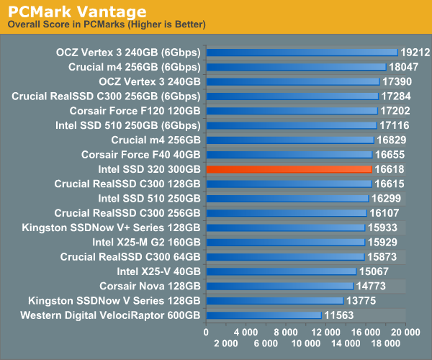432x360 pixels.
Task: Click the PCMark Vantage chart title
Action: pos(77,12)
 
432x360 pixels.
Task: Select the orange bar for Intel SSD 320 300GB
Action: pos(289,168)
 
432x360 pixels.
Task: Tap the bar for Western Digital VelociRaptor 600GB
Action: pos(264,315)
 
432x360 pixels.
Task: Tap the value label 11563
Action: pos(338,315)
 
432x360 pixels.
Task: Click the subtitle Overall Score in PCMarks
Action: pos(107,25)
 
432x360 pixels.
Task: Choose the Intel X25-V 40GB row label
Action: pos(158,271)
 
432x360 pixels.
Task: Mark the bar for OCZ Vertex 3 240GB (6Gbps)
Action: pos(302,52)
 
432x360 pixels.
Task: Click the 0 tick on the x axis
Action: pos(207,332)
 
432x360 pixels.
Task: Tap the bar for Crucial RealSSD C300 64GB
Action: pos(285,257)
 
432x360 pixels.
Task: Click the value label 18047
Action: pos(403,66)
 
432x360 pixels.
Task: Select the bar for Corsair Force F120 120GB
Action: pos(292,110)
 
